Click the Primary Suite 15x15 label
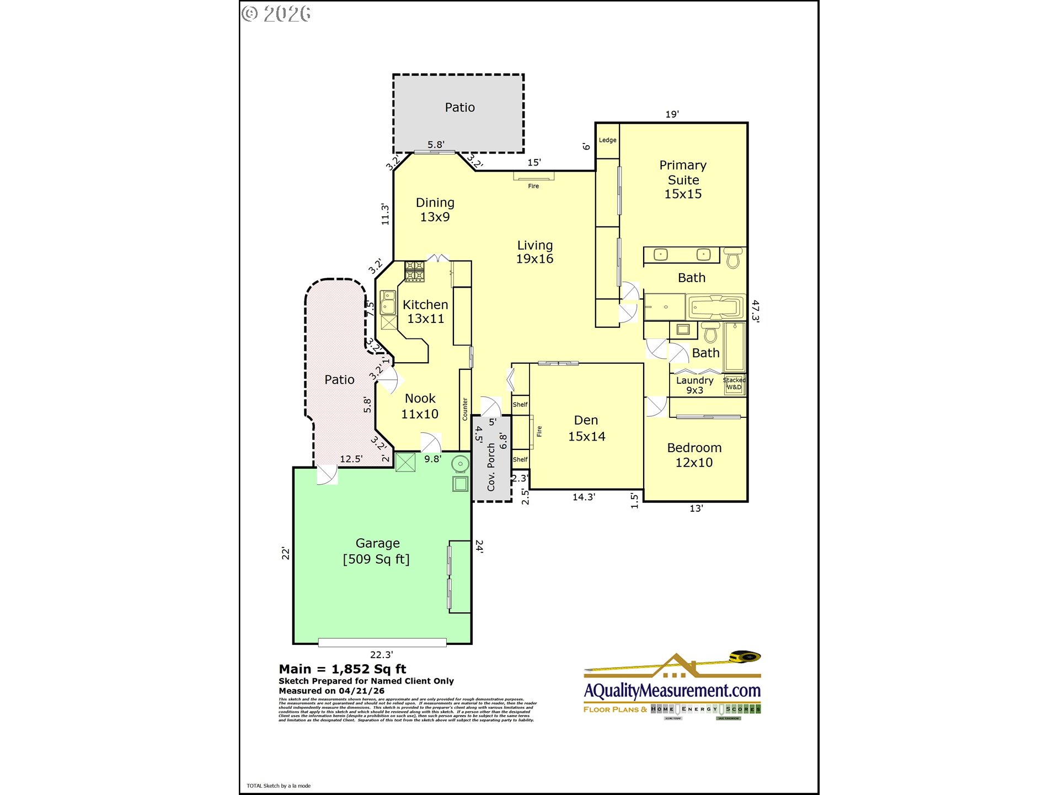click(x=683, y=179)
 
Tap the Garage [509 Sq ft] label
click(x=377, y=551)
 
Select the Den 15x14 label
click(x=586, y=428)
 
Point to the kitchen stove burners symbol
click(x=415, y=272)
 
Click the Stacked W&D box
click(x=734, y=384)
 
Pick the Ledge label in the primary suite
click(x=607, y=140)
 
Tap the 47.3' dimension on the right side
click(x=755, y=311)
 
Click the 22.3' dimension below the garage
click(x=381, y=655)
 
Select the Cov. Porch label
click(x=491, y=467)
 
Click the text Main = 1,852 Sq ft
click(x=342, y=669)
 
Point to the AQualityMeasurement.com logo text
click(x=672, y=691)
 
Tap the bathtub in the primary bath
click(x=715, y=307)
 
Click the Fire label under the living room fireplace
click(x=533, y=186)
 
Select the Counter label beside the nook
click(x=465, y=409)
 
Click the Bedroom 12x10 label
click(x=694, y=455)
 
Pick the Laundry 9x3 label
click(x=694, y=385)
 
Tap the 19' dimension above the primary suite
click(x=672, y=114)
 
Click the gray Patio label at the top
click(x=459, y=108)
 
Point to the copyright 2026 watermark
click(x=276, y=14)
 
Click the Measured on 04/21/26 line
click(x=331, y=691)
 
